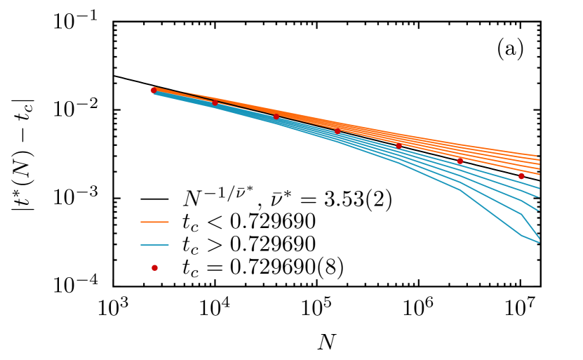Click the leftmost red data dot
point(154,91)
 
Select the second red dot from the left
point(215,102)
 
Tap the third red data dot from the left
point(276,116)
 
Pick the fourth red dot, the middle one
point(337,131)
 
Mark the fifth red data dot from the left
point(398,145)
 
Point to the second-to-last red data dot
point(460,161)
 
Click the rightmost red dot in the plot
point(521,176)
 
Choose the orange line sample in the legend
point(154,222)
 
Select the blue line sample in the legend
point(154,245)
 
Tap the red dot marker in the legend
point(154,268)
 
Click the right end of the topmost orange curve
point(537,156)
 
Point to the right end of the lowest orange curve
point(539,174)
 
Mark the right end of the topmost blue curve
point(539,188)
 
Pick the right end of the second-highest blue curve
point(539,196)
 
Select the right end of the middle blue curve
point(539,211)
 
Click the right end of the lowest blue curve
point(539,243)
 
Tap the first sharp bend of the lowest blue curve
point(460,190)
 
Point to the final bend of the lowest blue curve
point(521,236)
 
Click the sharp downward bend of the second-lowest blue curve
point(521,214)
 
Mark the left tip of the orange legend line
point(141,222)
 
